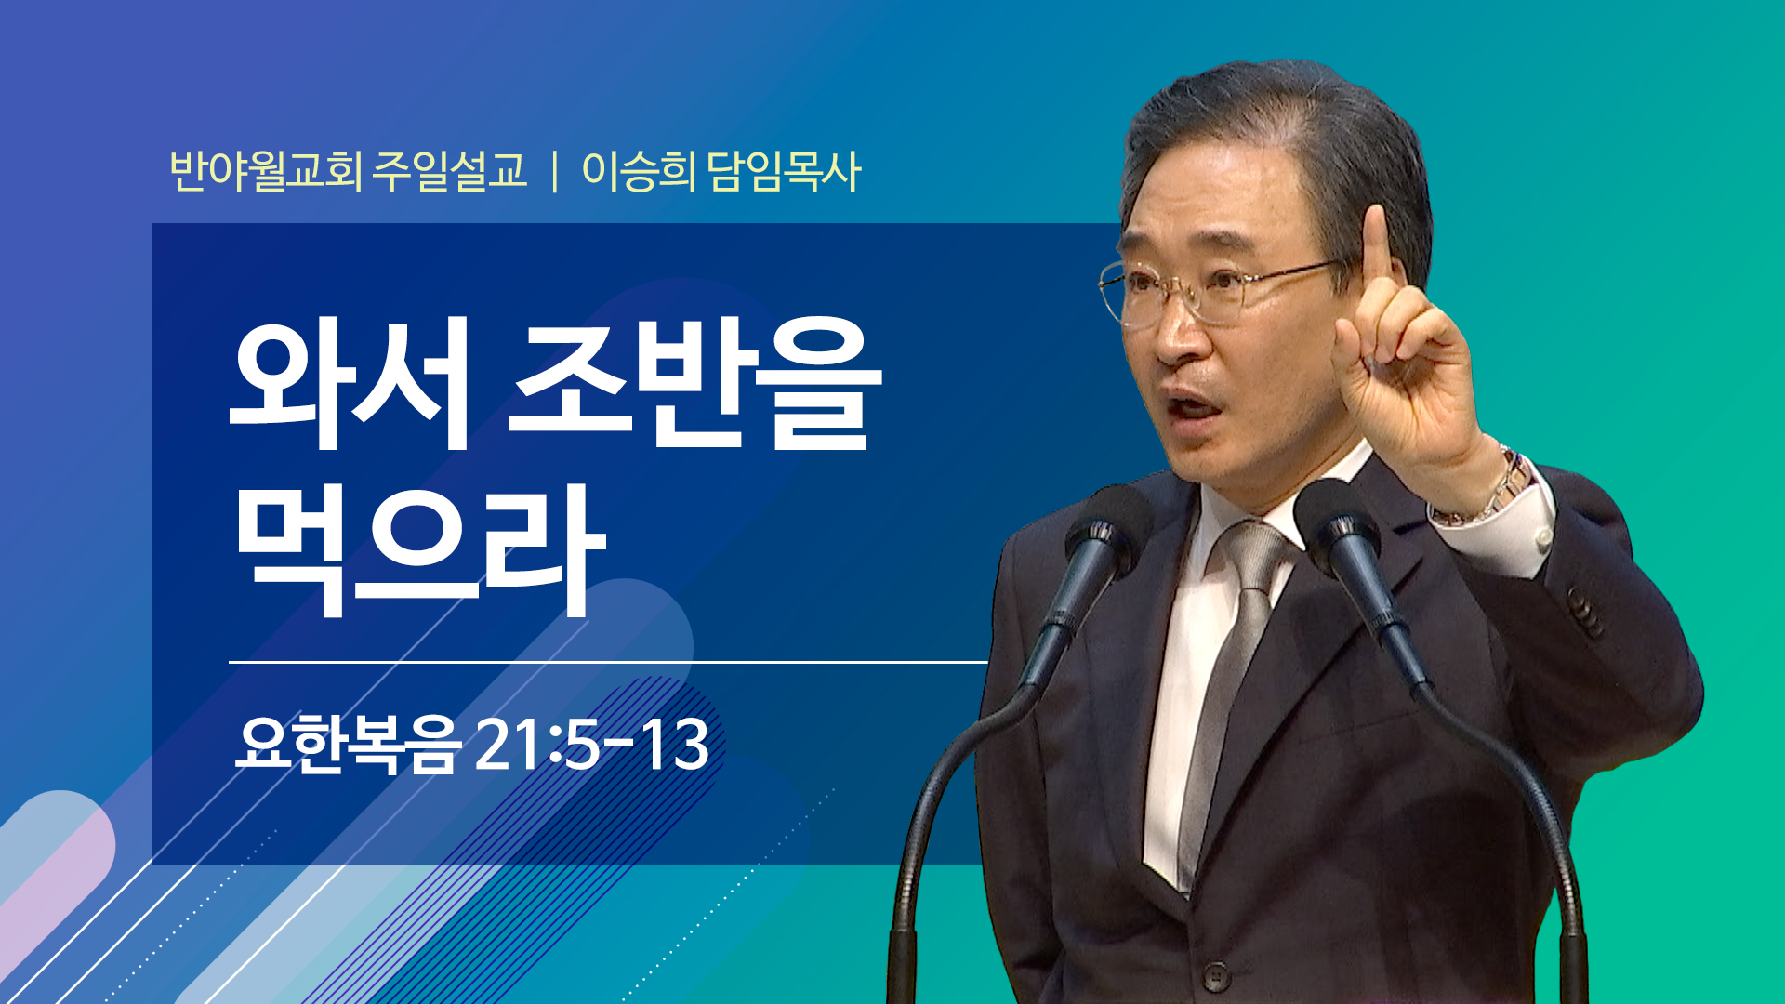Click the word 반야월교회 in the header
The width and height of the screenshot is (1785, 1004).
(266, 171)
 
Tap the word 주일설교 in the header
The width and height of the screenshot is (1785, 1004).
(450, 171)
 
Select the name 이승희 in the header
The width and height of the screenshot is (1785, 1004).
(639, 171)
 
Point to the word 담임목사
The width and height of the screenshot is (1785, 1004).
(784, 171)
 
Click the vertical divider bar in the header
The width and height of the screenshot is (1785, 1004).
(555, 172)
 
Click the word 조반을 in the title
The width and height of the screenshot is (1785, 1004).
(695, 383)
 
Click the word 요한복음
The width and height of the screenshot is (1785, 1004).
(348, 744)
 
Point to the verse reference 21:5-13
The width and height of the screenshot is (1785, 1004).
(592, 745)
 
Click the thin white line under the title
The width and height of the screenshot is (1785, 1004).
(608, 662)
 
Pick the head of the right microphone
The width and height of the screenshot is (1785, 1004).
(1339, 525)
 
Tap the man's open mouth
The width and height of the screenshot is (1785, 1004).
(1194, 407)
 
